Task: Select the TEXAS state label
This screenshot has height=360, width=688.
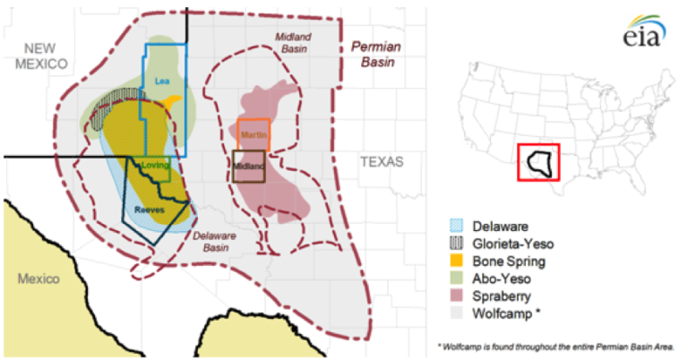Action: [382, 162]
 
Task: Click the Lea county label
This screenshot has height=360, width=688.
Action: [162, 81]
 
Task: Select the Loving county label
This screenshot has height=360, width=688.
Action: [156, 166]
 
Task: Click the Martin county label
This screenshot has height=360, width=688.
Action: [254, 134]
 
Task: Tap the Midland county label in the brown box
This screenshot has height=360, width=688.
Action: [248, 167]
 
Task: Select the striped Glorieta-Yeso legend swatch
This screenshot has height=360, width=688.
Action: [456, 244]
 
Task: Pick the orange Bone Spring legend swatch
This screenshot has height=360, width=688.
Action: [456, 261]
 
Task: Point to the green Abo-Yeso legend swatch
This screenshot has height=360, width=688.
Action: [456, 279]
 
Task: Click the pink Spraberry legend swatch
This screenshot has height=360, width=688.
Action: [456, 296]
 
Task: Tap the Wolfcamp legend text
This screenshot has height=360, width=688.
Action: [507, 313]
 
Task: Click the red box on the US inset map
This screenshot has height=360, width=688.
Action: [538, 163]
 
